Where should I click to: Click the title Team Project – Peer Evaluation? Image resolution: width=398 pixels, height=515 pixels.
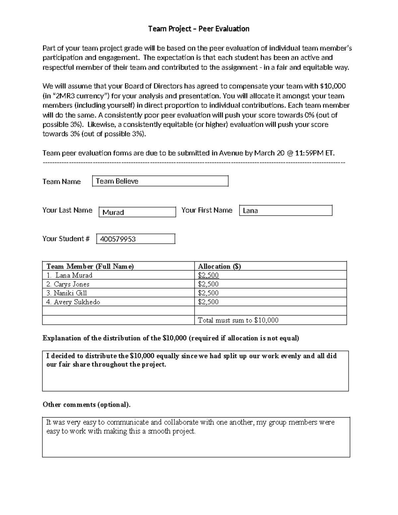tap(199, 29)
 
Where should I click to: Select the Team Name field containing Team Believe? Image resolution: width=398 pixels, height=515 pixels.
tap(160, 181)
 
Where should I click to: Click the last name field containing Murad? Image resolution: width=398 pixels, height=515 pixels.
tap(137, 212)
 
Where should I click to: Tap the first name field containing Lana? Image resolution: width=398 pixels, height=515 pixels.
tap(285, 211)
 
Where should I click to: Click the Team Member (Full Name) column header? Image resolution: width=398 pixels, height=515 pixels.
tap(90, 266)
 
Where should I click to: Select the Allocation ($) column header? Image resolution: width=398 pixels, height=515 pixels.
tap(219, 266)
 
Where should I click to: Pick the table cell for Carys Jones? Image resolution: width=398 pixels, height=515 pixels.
tap(72, 284)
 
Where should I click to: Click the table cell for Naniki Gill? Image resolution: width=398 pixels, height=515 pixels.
tap(70, 293)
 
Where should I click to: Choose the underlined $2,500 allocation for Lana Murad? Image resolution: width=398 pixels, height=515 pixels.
tap(208, 275)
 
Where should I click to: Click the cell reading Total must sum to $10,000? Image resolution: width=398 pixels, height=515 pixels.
tap(238, 320)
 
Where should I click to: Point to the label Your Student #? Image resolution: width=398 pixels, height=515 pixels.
tap(66, 239)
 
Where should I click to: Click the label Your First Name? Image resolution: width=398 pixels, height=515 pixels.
tap(207, 210)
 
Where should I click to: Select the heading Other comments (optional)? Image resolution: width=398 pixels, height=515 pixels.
tap(87, 405)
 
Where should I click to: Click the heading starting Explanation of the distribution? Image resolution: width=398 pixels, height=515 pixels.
tap(171, 338)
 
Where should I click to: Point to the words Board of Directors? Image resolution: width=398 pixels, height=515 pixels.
tap(153, 86)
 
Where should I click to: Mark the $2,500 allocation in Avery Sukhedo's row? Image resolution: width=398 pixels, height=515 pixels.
tap(208, 302)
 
